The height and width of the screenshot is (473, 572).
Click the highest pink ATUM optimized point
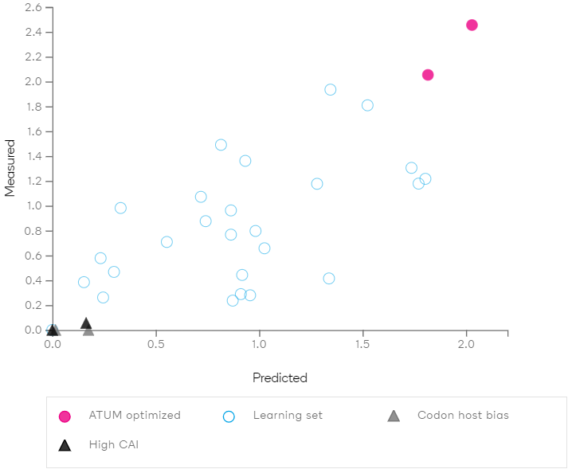pyautogui.click(x=472, y=25)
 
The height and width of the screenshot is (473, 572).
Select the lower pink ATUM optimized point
pyautogui.click(x=428, y=75)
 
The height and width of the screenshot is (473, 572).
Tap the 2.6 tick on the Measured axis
pyautogui.click(x=33, y=8)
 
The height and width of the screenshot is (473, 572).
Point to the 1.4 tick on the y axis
pyautogui.click(x=33, y=156)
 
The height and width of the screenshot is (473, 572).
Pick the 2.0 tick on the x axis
pyautogui.click(x=466, y=345)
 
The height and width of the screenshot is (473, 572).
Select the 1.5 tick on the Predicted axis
pyautogui.click(x=362, y=345)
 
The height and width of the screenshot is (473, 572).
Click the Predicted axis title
pyautogui.click(x=280, y=378)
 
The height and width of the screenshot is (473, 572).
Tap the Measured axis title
pyautogui.click(x=11, y=168)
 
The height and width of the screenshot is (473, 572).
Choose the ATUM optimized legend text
pyautogui.click(x=135, y=416)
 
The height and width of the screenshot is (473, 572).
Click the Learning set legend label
pyautogui.click(x=288, y=416)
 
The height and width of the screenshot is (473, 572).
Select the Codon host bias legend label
pyautogui.click(x=463, y=416)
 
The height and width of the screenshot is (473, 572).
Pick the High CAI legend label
pyautogui.click(x=113, y=444)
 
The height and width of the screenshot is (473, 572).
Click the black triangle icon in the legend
pyautogui.click(x=65, y=445)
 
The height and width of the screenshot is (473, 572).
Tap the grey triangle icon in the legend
pyautogui.click(x=394, y=416)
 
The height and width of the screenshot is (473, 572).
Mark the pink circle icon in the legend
pyautogui.click(x=65, y=416)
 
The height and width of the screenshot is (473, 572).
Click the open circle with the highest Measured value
pyautogui.click(x=331, y=89)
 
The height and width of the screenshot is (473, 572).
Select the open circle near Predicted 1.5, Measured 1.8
pyautogui.click(x=367, y=105)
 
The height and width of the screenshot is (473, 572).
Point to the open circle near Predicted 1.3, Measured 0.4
pyautogui.click(x=329, y=279)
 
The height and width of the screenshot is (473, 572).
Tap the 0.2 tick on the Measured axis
pyautogui.click(x=33, y=305)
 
